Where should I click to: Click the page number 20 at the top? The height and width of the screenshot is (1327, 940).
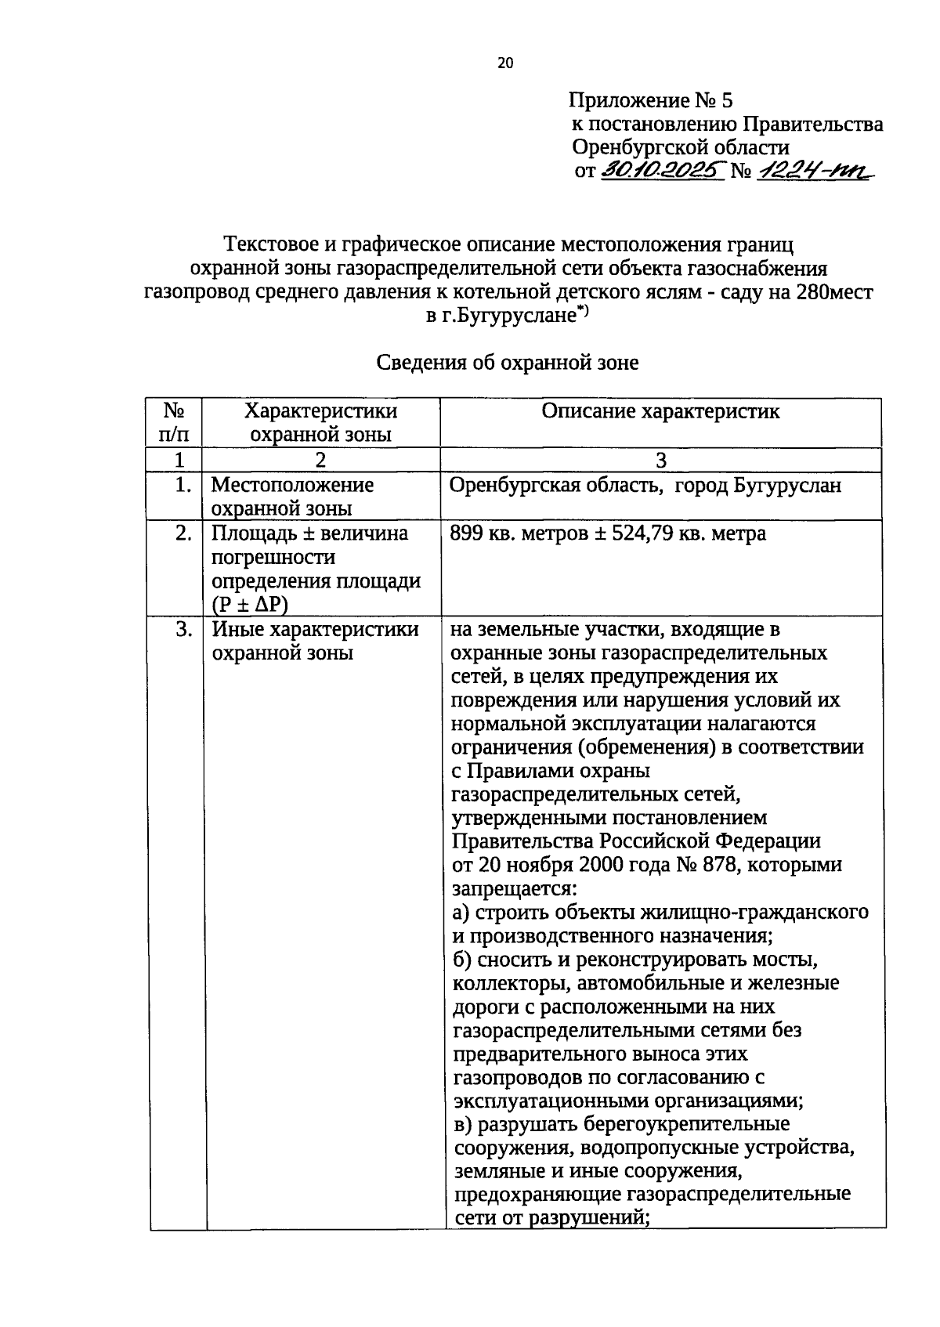504,63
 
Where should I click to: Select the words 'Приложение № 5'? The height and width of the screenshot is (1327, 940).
650,100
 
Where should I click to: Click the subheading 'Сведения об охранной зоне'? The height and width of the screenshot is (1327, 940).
508,363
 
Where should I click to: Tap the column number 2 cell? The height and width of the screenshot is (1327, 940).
320,460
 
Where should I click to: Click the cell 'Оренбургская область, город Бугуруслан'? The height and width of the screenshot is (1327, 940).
645,486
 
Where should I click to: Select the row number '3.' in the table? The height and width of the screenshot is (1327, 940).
183,630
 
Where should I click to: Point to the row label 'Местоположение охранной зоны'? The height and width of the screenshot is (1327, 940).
292,497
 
